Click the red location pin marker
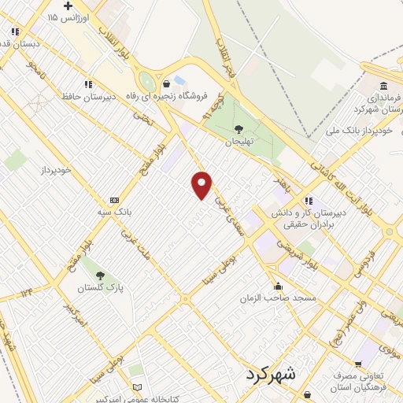click(202, 183)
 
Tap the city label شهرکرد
click(270, 374)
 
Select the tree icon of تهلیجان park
click(238, 129)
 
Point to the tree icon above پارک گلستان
click(99, 275)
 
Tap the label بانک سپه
click(115, 212)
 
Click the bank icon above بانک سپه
click(115, 200)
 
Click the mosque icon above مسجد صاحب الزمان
click(278, 287)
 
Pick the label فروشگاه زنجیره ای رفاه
click(201, 96)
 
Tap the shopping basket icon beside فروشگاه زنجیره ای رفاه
click(165, 84)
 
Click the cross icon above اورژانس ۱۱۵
click(68, 6)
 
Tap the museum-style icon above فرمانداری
click(383, 86)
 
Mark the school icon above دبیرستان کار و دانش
click(309, 201)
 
